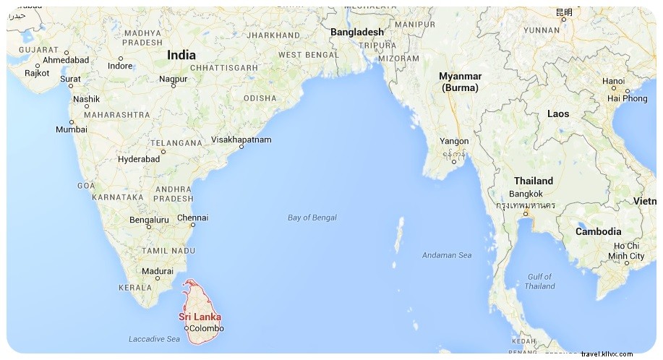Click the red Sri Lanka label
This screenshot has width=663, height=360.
click(200, 317)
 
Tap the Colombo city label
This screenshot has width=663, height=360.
click(206, 328)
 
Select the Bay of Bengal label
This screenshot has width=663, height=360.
click(312, 218)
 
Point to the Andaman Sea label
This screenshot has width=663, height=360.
click(447, 255)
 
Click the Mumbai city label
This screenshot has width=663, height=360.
click(71, 130)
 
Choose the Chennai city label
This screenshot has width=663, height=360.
click(192, 218)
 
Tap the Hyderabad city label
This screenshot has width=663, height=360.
click(139, 159)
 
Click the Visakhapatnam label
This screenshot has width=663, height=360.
click(241, 140)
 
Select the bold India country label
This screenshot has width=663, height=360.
click(181, 55)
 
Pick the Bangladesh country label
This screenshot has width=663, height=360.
click(357, 32)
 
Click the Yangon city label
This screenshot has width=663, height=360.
click(454, 142)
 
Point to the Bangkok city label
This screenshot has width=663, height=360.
click(526, 194)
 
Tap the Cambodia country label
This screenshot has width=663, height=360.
click(598, 232)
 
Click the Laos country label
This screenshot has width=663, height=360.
click(558, 114)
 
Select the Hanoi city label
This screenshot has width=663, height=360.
click(613, 81)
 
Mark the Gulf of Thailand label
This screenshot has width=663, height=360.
click(540, 281)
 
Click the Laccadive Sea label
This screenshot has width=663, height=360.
click(154, 339)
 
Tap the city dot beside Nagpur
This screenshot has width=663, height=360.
click(173, 86)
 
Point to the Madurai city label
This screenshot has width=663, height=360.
click(158, 272)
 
